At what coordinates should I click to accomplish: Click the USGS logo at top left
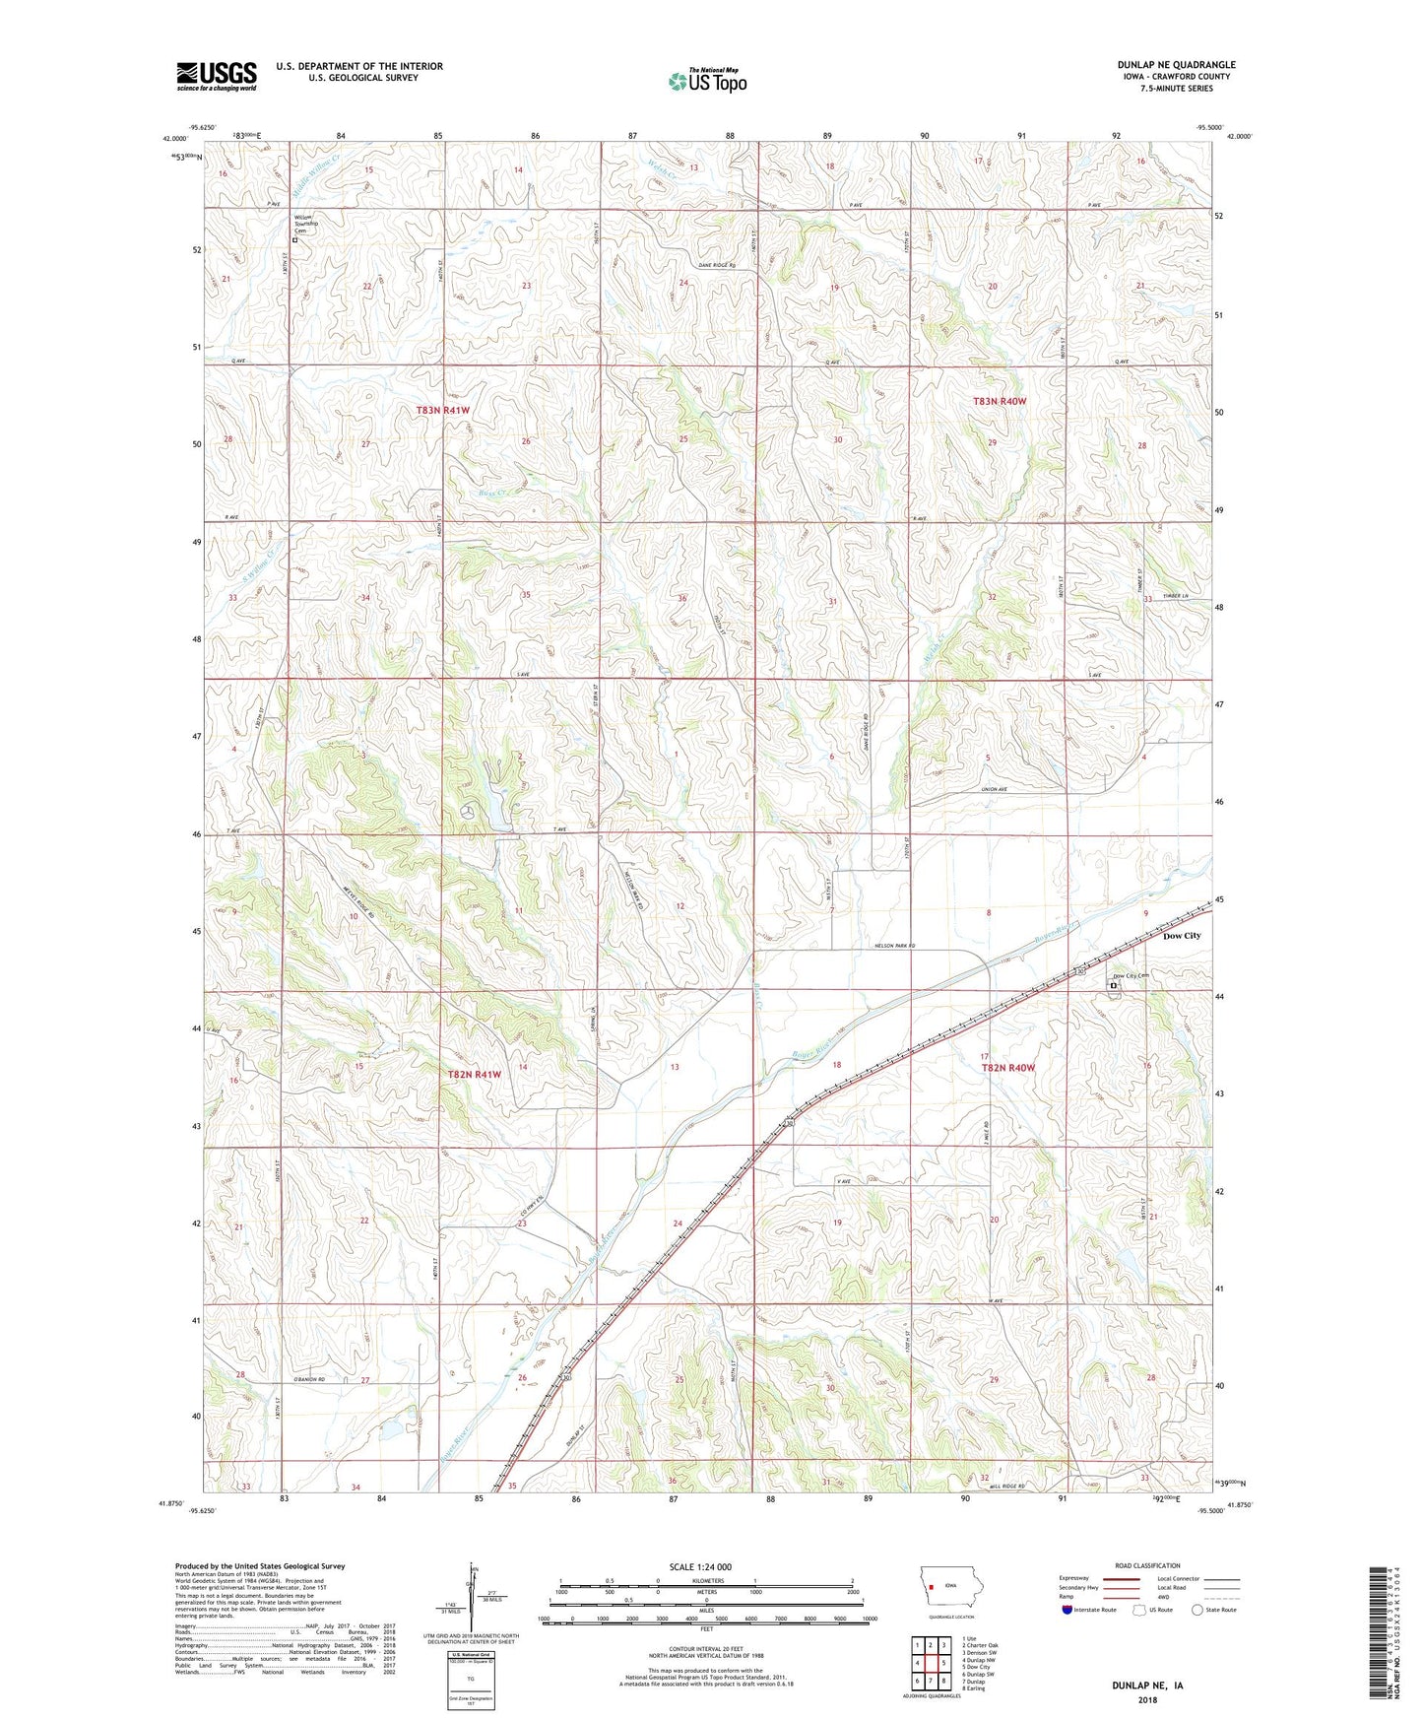(217, 76)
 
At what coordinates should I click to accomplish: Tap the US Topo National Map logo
(707, 80)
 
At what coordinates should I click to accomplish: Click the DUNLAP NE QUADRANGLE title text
(1176, 65)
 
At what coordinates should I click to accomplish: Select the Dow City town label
(1182, 936)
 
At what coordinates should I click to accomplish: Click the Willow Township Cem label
(310, 224)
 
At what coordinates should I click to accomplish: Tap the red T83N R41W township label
(442, 410)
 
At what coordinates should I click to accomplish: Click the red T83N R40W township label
(1000, 401)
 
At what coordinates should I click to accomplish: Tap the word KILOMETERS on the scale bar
(703, 1580)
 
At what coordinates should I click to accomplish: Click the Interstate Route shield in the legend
(1067, 1610)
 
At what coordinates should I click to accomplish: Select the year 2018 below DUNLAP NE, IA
(1147, 1700)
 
